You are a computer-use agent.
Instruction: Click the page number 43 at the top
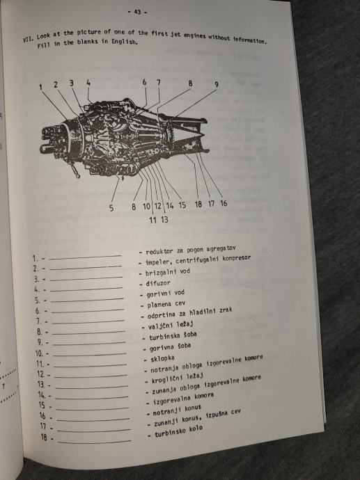[137, 12]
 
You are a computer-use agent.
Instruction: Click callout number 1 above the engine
[41, 87]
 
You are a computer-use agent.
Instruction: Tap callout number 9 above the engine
[217, 84]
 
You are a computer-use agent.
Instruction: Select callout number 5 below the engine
[111, 208]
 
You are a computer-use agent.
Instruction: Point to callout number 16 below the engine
[224, 203]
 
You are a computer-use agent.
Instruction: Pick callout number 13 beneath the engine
[164, 219]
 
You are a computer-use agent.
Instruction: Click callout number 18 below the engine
[198, 204]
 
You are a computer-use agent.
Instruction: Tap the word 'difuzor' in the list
[158, 283]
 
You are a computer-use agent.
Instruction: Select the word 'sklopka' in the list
[162, 358]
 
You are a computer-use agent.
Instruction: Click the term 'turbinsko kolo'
[178, 431]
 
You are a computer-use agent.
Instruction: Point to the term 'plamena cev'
[166, 305]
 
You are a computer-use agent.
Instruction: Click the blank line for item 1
[85, 257]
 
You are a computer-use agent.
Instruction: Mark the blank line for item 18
[95, 442]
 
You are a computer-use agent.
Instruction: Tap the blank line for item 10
[89, 354]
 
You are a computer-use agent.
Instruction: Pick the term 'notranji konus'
[177, 410]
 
